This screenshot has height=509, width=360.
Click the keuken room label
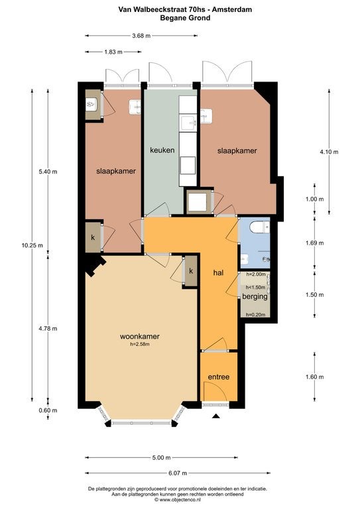[x=162, y=150]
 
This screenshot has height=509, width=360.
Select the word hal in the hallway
[x=219, y=273]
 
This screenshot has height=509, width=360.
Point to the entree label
[x=219, y=377]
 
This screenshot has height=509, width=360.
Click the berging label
[x=255, y=296]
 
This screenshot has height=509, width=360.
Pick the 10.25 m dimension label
[x=32, y=245]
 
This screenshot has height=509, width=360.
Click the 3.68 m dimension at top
[x=141, y=36]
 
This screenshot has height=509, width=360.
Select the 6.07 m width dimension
[x=178, y=473]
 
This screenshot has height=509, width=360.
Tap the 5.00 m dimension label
[x=161, y=458]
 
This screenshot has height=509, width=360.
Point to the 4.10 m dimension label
[x=329, y=152]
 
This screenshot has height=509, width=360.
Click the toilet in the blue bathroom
[x=261, y=227]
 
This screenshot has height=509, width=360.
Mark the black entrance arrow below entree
[x=216, y=416]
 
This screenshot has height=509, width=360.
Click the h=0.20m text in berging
[x=255, y=314]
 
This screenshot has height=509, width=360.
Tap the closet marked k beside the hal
[x=191, y=271]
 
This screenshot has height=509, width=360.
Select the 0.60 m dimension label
[x=48, y=410]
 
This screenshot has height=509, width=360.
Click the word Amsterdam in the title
[x=232, y=9]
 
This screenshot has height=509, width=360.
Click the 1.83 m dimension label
[x=113, y=52]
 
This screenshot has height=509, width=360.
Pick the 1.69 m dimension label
[x=314, y=243]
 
